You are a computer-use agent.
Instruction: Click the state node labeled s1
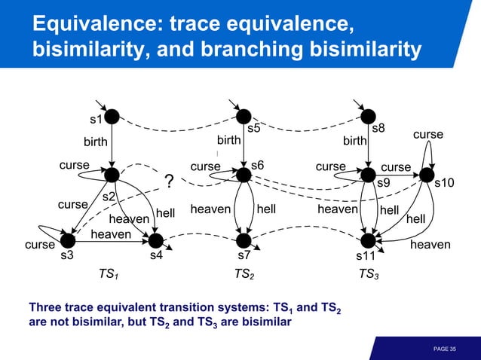coord(112,116)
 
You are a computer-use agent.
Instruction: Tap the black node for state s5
coord(244,116)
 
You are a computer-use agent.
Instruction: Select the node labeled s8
coord(368,116)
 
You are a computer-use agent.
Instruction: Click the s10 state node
coord(427,175)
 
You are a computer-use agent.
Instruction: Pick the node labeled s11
coord(368,240)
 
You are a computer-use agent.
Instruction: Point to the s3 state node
coord(68,240)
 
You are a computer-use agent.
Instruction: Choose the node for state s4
coord(156,240)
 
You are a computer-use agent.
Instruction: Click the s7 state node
coord(244,240)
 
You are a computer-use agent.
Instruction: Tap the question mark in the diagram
coord(169,182)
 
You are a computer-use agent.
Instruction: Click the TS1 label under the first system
coord(110,275)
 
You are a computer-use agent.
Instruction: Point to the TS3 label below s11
coord(369,275)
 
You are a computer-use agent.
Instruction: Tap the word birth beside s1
coord(95,142)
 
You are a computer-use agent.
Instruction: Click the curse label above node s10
coord(427,135)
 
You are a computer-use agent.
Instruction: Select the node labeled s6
coord(244,175)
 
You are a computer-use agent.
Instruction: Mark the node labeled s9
coord(368,175)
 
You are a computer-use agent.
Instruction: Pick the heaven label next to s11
coord(430,245)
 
